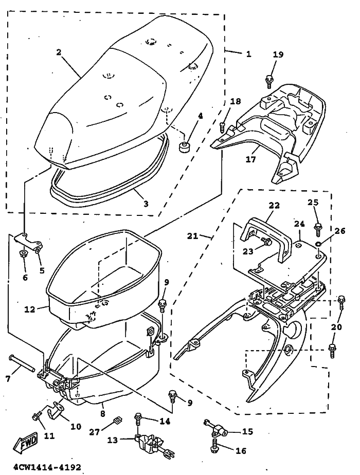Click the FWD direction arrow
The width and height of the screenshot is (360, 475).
click(x=25, y=443)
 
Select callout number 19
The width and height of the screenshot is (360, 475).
click(x=278, y=54)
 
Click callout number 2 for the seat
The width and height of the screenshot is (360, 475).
click(x=59, y=52)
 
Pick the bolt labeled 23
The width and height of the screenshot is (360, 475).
click(x=268, y=241)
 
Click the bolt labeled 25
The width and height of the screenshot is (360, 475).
click(x=318, y=229)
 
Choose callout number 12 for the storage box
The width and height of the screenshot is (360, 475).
click(x=30, y=309)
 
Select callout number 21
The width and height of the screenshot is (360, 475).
click(x=192, y=235)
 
